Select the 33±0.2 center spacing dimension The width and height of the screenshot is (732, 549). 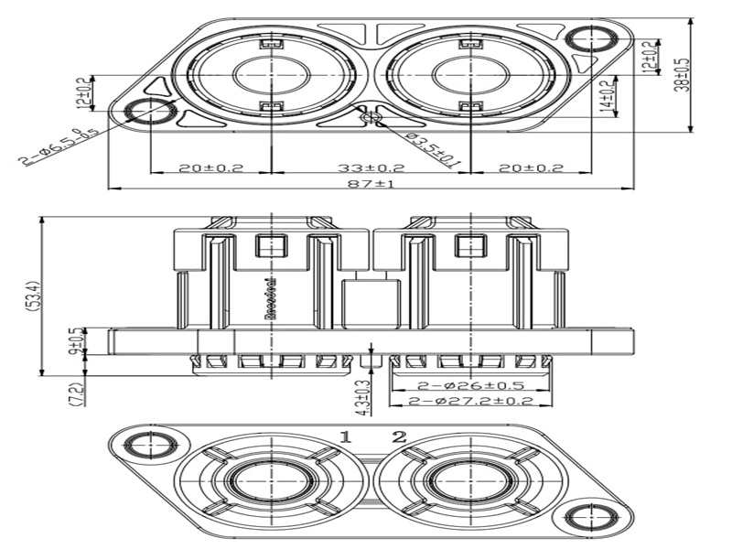[370, 167]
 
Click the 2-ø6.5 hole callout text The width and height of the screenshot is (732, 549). [59, 145]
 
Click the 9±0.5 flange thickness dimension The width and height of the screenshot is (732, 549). [74, 342]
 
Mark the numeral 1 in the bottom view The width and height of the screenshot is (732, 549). [346, 436]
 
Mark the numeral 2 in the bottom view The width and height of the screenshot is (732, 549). [399, 436]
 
